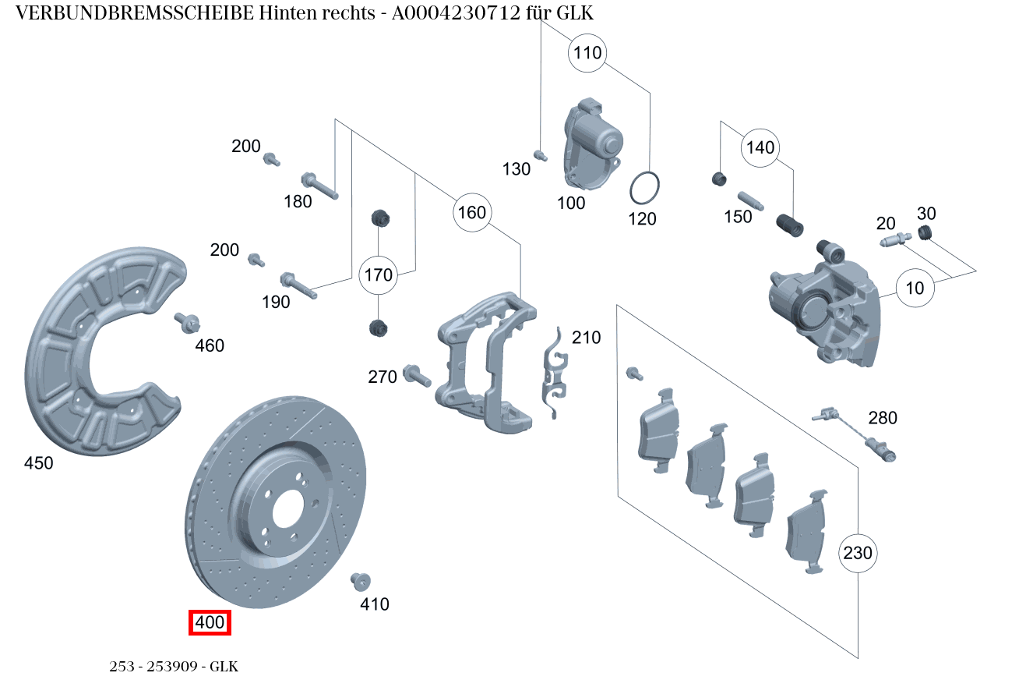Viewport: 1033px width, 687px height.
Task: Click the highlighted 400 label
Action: pos(210,622)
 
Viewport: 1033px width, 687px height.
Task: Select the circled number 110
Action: pos(588,53)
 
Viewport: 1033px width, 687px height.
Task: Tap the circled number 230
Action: pos(858,553)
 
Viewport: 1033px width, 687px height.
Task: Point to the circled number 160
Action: pos(471,212)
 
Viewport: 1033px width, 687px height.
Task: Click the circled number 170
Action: pos(379,274)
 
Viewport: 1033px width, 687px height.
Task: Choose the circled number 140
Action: pos(760,147)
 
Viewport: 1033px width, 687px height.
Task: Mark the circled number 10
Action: pos(915,288)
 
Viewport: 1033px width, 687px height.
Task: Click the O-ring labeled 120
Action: pos(645,188)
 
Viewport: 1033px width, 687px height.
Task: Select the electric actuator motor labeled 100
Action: pos(592,144)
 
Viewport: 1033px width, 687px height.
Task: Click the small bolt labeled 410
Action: pos(360,581)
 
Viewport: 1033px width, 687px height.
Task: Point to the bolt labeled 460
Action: pos(188,321)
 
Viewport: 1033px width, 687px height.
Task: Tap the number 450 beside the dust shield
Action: pos(39,463)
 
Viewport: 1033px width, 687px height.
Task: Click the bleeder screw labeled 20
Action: pos(896,240)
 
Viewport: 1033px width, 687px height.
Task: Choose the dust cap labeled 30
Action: pos(925,232)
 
